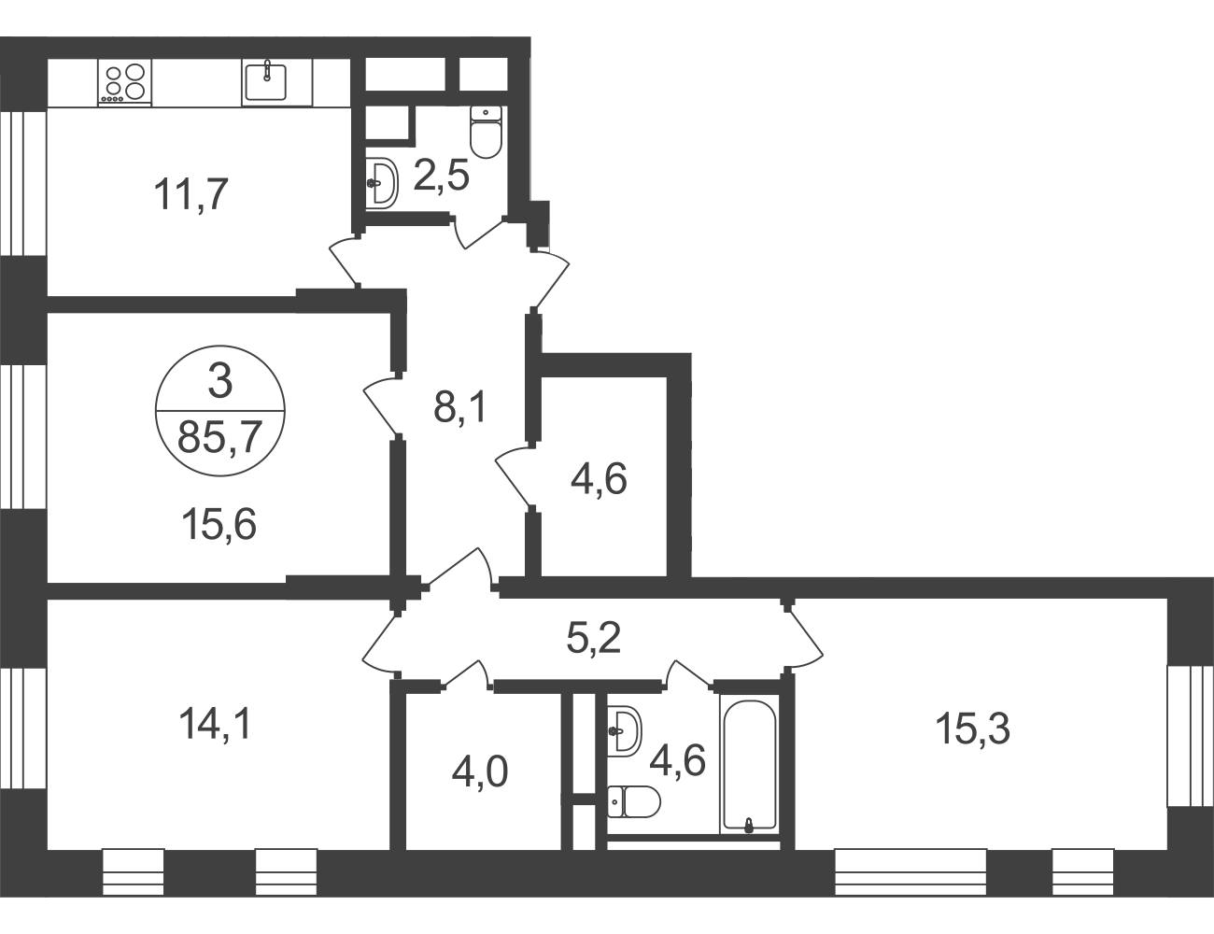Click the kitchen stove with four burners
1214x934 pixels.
click(124, 82)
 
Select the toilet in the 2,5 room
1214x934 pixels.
click(486, 132)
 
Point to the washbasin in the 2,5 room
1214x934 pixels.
click(382, 184)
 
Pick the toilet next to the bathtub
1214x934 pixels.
click(633, 801)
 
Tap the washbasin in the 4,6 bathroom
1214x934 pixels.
click(624, 731)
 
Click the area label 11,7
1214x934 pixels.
click(191, 194)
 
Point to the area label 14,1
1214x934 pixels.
click(216, 723)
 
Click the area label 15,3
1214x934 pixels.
click(973, 729)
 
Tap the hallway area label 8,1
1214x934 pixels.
click(461, 407)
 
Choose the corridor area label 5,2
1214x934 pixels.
click(593, 638)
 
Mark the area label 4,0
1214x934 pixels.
click(480, 772)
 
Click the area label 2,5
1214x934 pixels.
click(442, 176)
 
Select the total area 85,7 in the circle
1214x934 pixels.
click(220, 437)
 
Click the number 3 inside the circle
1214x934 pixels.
click(220, 381)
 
